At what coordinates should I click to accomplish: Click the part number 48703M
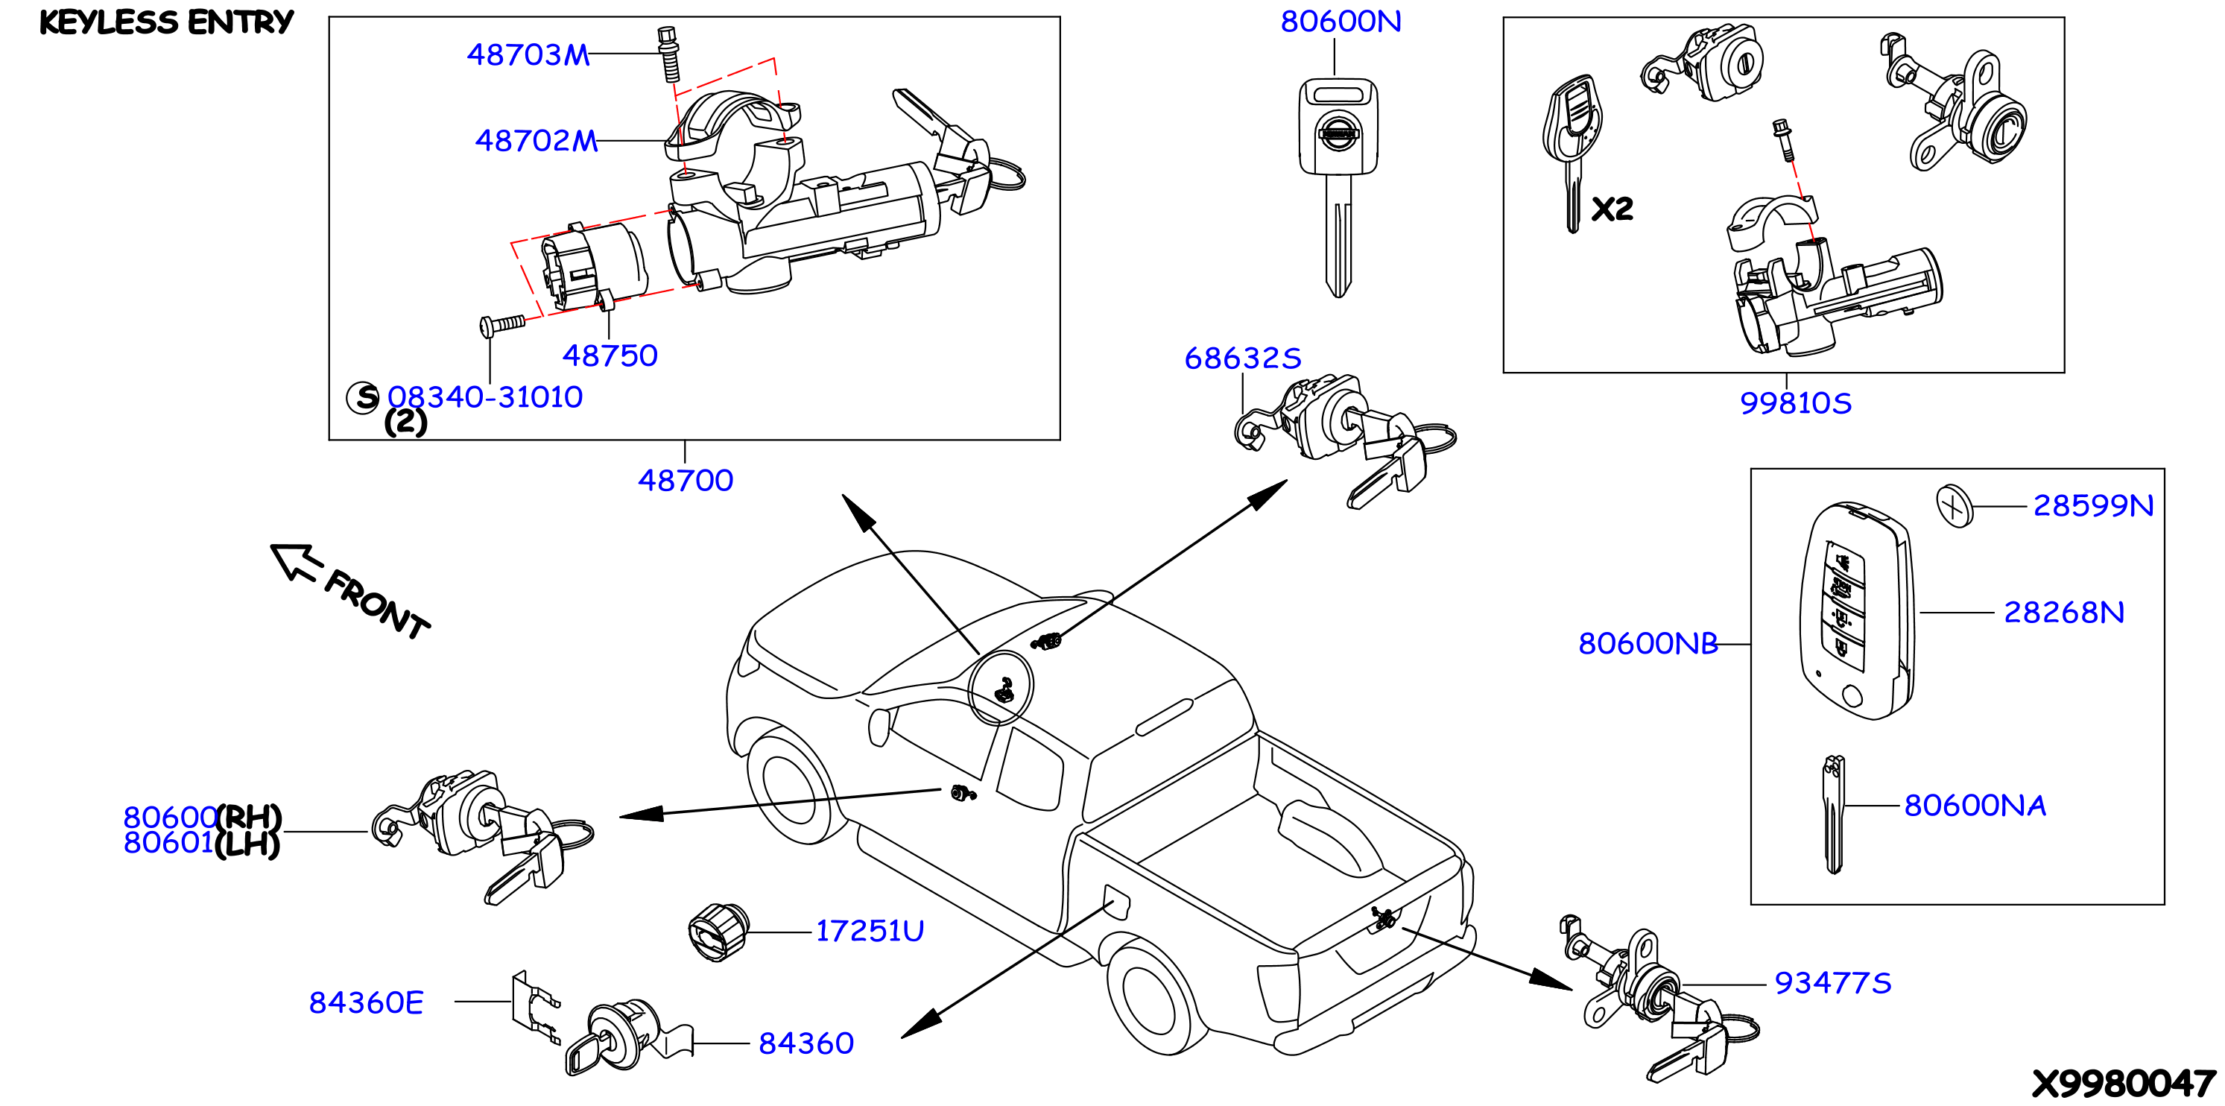528,54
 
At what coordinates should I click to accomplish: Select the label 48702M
537,140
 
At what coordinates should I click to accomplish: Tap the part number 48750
610,355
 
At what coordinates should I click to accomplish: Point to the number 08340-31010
484,396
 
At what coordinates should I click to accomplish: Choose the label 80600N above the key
1341,22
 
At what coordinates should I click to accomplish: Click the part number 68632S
1242,358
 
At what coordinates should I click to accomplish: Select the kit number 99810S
1795,402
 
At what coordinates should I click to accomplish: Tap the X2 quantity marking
1612,208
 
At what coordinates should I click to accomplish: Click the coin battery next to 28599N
1955,505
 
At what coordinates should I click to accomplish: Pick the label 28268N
2063,612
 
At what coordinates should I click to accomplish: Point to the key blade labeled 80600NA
1833,815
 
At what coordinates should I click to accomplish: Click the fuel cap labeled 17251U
718,932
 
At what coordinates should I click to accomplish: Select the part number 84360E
366,1002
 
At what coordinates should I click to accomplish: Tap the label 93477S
1833,982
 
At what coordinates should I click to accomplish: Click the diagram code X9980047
2124,1083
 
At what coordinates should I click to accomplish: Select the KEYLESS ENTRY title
167,22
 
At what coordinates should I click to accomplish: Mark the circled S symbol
363,397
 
